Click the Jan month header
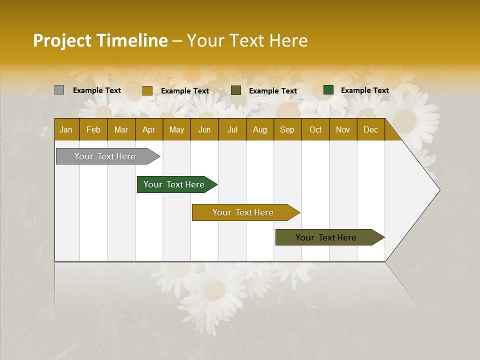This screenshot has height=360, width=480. pyautogui.click(x=66, y=130)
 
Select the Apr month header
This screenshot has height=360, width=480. pyautogui.click(x=148, y=130)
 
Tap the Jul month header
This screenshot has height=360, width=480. pyautogui.click(x=232, y=130)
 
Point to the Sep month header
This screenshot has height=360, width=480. pyautogui.click(x=287, y=130)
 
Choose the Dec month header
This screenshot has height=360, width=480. pyautogui.click(x=370, y=130)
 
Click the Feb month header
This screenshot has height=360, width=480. pyautogui.click(x=93, y=130)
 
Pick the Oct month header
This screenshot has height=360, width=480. pyautogui.click(x=315, y=130)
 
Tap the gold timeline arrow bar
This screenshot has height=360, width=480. pyautogui.click(x=243, y=212)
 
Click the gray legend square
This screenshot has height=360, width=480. pyautogui.click(x=59, y=90)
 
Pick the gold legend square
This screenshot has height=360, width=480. pyautogui.click(x=147, y=90)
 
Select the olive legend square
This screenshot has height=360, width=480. pyautogui.click(x=236, y=90)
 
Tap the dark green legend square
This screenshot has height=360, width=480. pyautogui.click(x=328, y=90)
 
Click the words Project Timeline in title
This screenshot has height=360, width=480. pyautogui.click(x=100, y=40)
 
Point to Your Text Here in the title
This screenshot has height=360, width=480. pyautogui.click(x=247, y=40)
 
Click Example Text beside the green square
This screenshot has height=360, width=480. pyautogui.click(x=364, y=90)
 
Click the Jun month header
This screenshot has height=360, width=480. pyautogui.click(x=204, y=130)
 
